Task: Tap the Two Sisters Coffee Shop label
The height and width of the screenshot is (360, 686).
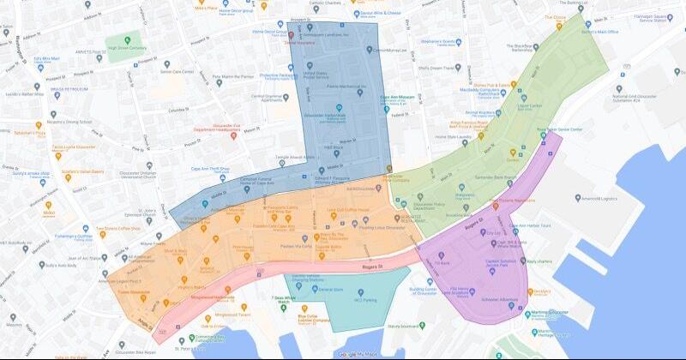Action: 117,229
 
